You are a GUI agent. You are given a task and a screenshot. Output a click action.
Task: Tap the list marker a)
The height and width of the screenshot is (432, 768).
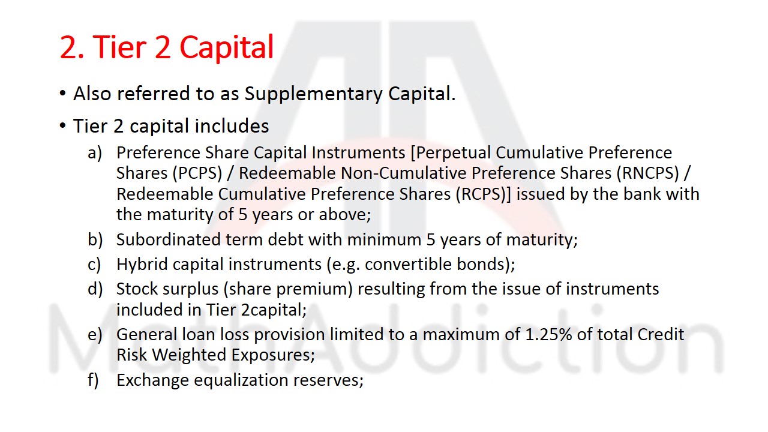[95, 153]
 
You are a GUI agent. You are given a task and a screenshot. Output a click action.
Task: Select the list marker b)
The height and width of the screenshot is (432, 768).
[95, 239]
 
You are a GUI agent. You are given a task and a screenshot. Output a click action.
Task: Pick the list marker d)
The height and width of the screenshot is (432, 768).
[95, 289]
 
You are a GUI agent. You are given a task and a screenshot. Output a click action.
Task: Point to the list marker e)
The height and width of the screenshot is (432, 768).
[95, 334]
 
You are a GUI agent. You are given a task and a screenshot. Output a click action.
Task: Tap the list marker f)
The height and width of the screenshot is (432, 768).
[94, 380]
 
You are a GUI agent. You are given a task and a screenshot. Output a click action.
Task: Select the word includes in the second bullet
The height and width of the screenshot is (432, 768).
[232, 127]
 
